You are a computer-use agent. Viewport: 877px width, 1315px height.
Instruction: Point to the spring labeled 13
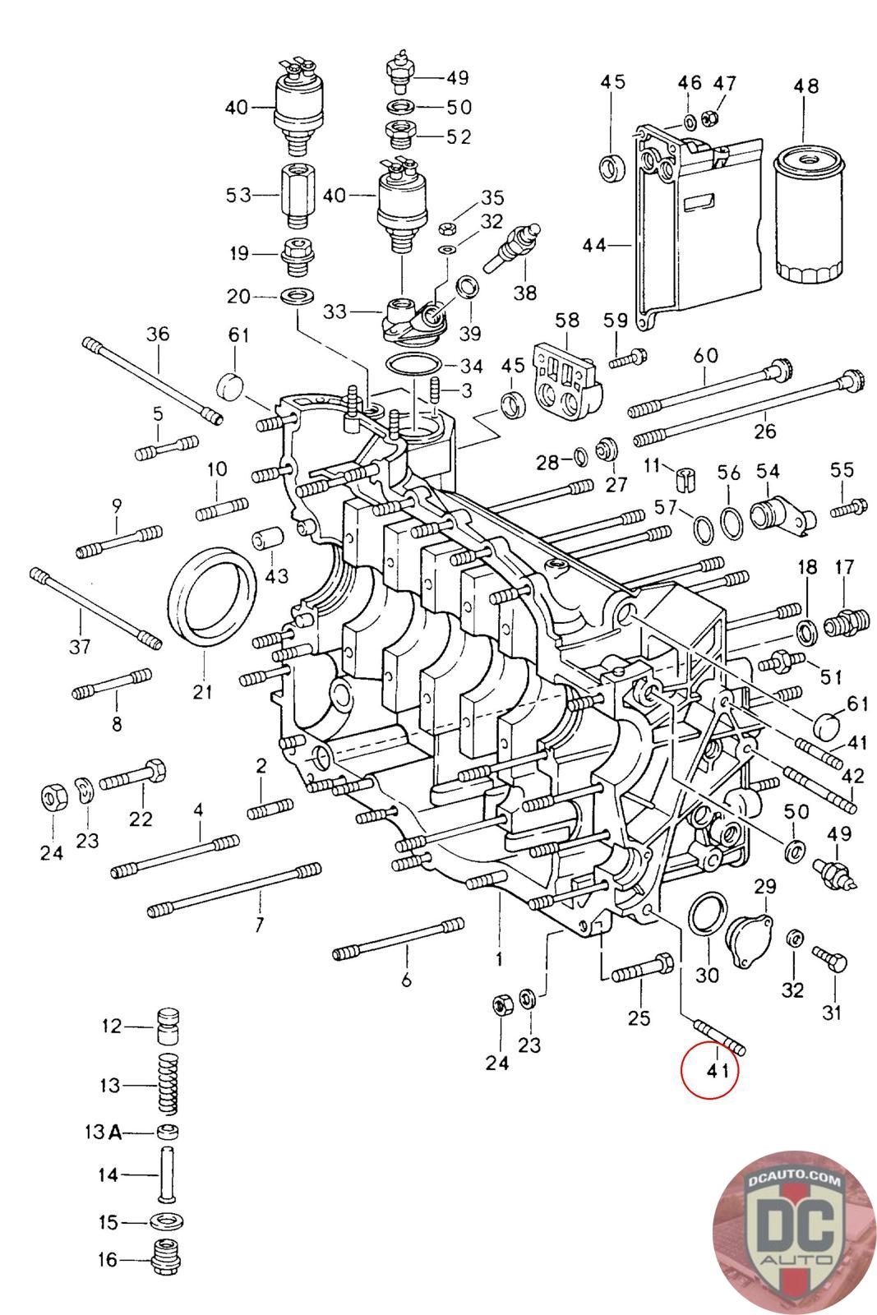(x=168, y=1084)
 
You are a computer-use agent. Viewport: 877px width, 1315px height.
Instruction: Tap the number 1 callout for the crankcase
(x=498, y=958)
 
